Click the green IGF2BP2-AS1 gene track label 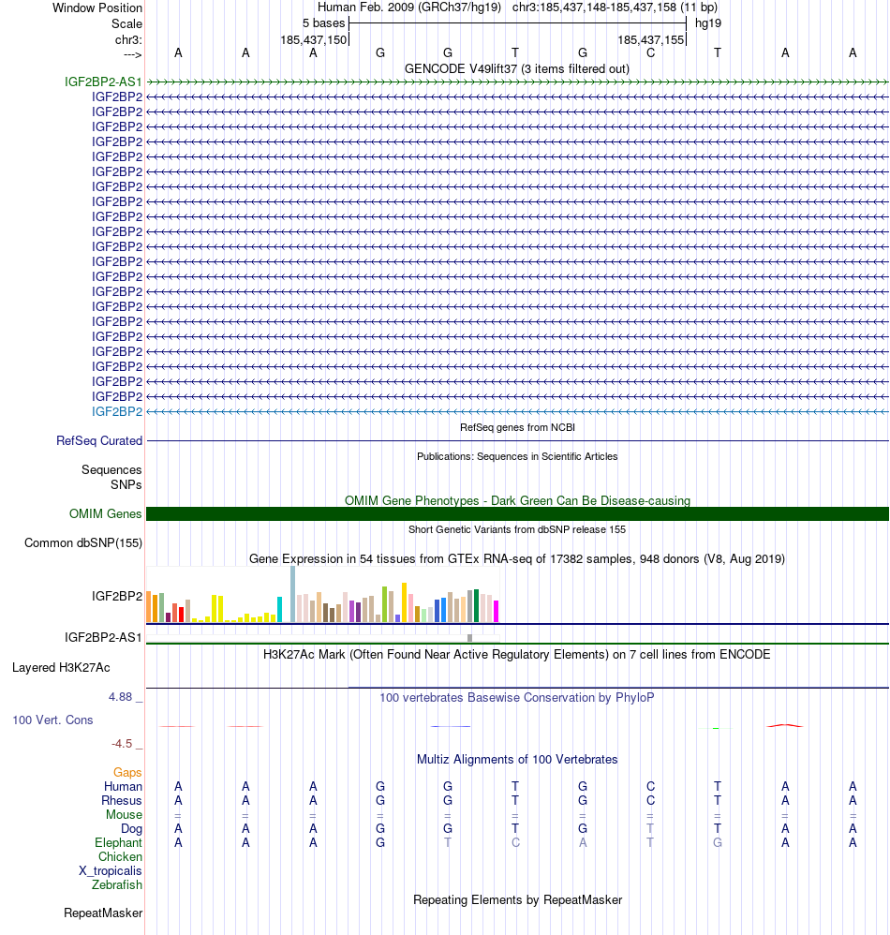coord(103,82)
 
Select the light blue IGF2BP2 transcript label coord(117,411)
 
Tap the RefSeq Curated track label coord(99,440)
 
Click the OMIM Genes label coord(106,513)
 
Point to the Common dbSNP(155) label coord(83,542)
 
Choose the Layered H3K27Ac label coord(61,668)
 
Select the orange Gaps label coord(127,772)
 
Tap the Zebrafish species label coord(117,884)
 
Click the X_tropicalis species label coord(111,870)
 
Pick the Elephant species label coord(118,842)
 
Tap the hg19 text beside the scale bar coord(708,22)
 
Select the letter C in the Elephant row coord(515,842)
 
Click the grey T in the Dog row coord(650,828)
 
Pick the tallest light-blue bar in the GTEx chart coord(292,594)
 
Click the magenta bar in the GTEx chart coord(497,611)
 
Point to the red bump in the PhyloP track coord(784,724)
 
